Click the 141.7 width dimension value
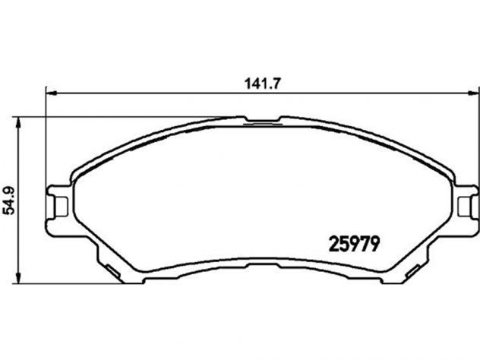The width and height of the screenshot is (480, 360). [x=263, y=84]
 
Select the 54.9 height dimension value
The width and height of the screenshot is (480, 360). [x=9, y=201]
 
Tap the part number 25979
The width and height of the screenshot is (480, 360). [x=354, y=245]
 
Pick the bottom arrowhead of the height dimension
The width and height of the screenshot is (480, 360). [x=19, y=278]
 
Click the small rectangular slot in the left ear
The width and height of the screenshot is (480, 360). [x=61, y=207]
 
